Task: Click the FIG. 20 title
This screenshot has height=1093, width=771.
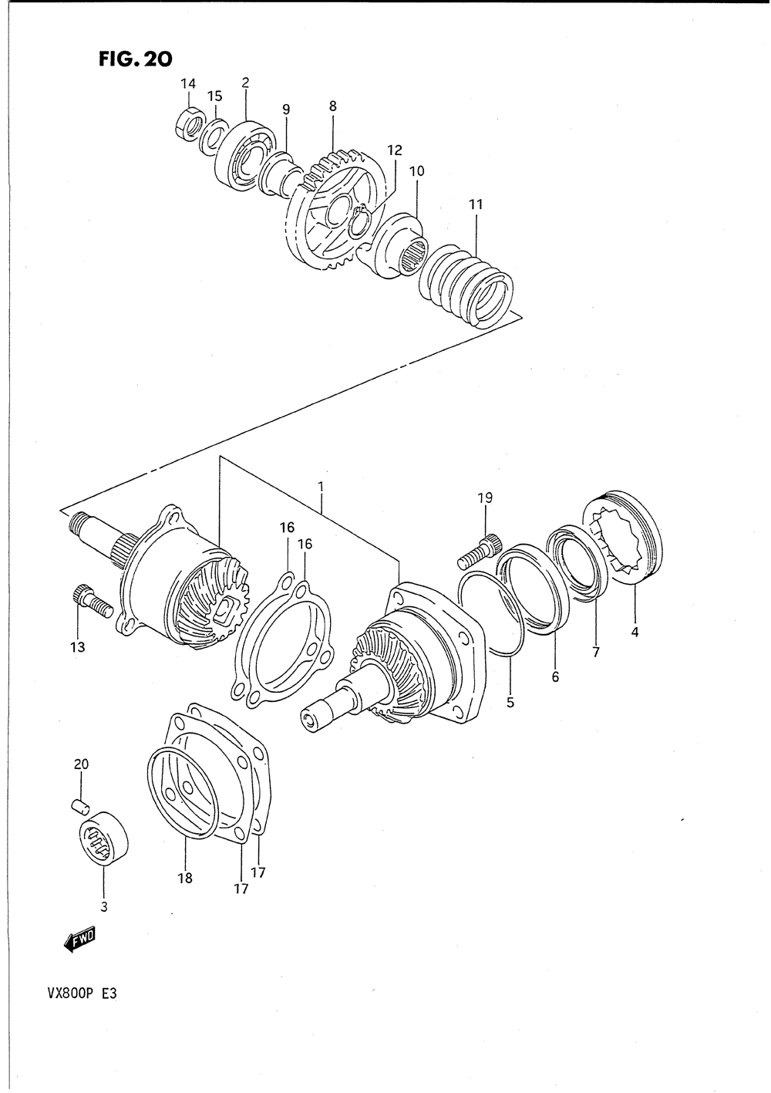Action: click(135, 59)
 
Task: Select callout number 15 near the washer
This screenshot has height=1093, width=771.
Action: click(214, 96)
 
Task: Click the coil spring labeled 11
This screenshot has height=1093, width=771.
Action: click(467, 285)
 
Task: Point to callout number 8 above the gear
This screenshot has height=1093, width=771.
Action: click(333, 107)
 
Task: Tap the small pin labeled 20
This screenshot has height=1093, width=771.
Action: click(77, 806)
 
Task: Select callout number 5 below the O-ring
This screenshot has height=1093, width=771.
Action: click(510, 703)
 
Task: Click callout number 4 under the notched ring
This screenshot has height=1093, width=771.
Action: click(635, 633)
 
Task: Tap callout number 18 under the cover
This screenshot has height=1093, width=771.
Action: click(185, 877)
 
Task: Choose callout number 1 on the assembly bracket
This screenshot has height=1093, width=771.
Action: click(320, 487)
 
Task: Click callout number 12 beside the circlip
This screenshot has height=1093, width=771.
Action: click(395, 150)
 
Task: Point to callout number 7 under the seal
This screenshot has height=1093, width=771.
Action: click(596, 653)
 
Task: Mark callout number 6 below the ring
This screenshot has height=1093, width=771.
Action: click(555, 677)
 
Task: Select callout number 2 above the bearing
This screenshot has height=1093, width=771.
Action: click(245, 82)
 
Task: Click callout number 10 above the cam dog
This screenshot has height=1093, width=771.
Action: click(417, 170)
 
